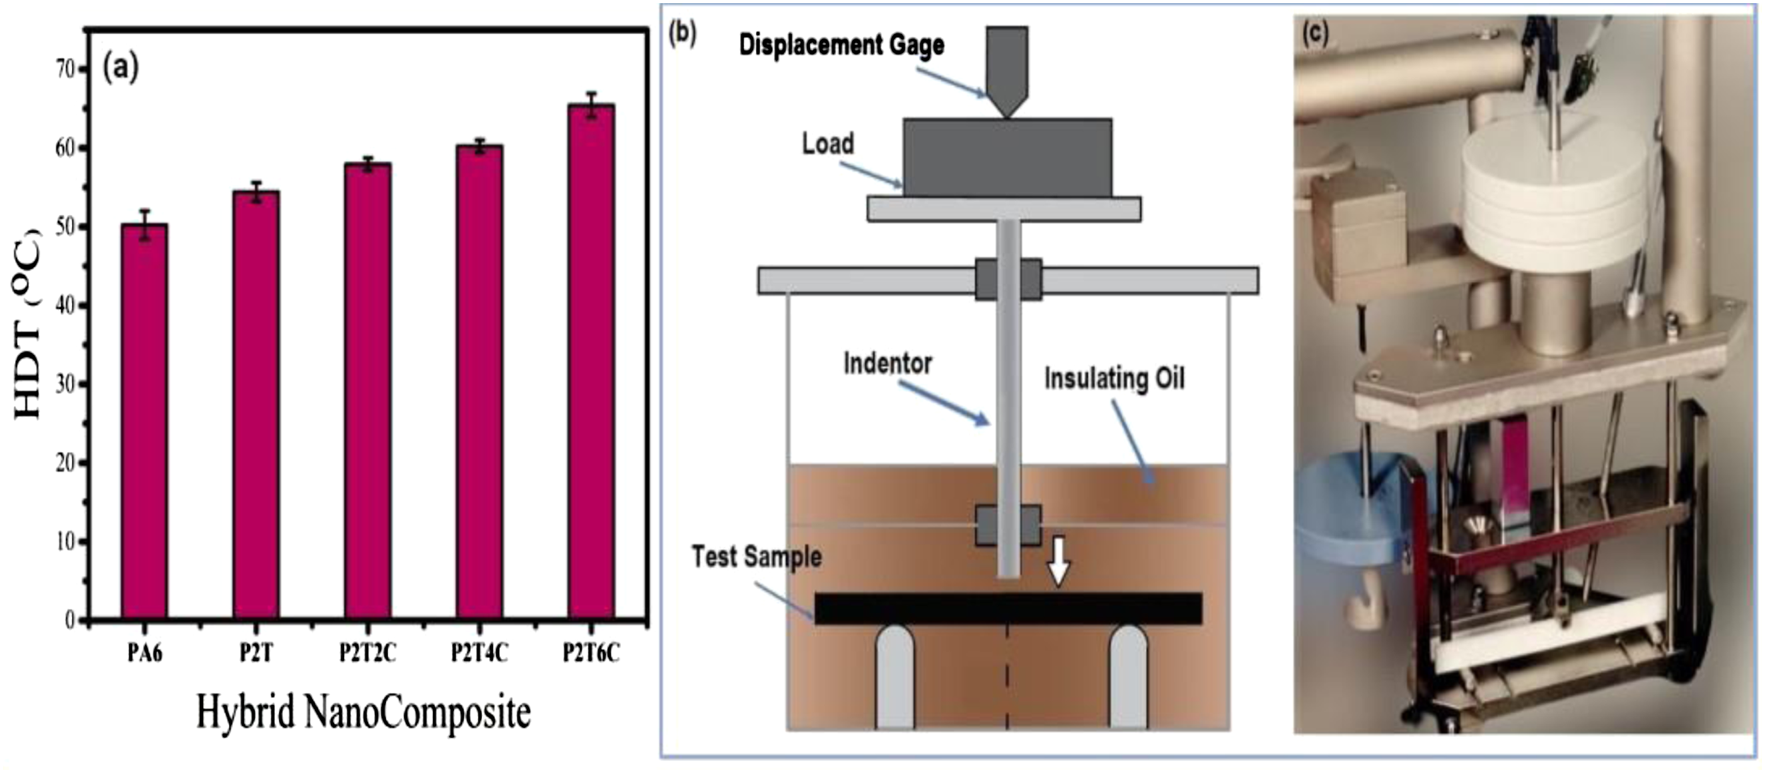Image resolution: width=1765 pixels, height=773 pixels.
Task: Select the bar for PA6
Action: (x=144, y=421)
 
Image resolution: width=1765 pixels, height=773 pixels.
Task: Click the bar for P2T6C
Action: (x=591, y=362)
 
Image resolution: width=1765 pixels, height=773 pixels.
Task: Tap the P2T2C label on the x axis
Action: (x=367, y=653)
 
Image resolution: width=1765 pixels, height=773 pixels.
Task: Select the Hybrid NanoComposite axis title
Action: (x=364, y=712)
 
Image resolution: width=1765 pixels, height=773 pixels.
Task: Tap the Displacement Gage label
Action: (x=842, y=45)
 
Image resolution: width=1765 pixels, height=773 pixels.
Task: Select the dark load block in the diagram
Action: (x=1007, y=158)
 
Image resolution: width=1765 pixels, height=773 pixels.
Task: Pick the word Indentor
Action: (x=888, y=363)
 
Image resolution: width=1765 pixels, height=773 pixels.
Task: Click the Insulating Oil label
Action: (x=1114, y=378)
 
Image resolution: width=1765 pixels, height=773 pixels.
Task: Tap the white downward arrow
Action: (x=1058, y=561)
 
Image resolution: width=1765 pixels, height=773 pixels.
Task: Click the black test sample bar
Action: (x=1008, y=608)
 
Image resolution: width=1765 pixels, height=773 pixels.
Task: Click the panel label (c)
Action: (x=1315, y=33)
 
